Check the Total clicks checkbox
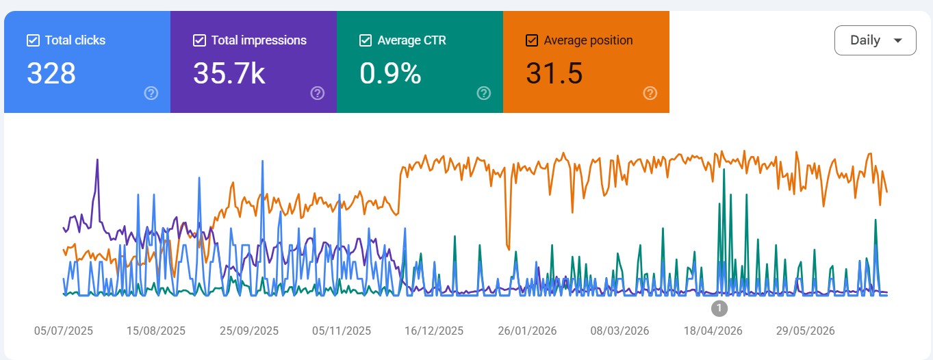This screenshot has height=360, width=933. click(33, 40)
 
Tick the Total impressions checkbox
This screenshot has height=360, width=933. click(199, 40)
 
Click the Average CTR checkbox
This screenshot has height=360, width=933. click(366, 40)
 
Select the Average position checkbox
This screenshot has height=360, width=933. click(531, 40)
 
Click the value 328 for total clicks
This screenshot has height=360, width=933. click(51, 73)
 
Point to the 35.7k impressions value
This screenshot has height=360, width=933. click(229, 73)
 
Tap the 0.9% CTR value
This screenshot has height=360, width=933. click(390, 73)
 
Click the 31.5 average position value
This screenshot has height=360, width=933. click(554, 73)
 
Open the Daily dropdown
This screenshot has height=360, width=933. click(875, 40)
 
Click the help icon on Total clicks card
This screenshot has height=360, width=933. click(151, 93)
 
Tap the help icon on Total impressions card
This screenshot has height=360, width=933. click(318, 93)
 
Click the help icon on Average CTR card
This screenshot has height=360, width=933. click(483, 93)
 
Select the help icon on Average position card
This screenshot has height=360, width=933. click(650, 93)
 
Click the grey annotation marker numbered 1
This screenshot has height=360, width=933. click(719, 309)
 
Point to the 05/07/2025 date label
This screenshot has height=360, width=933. click(63, 331)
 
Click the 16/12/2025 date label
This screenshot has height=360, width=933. click(434, 331)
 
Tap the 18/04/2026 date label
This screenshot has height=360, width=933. click(713, 331)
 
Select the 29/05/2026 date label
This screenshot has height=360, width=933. click(806, 331)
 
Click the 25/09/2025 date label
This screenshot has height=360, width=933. click(249, 331)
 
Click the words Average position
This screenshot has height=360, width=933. click(588, 40)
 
